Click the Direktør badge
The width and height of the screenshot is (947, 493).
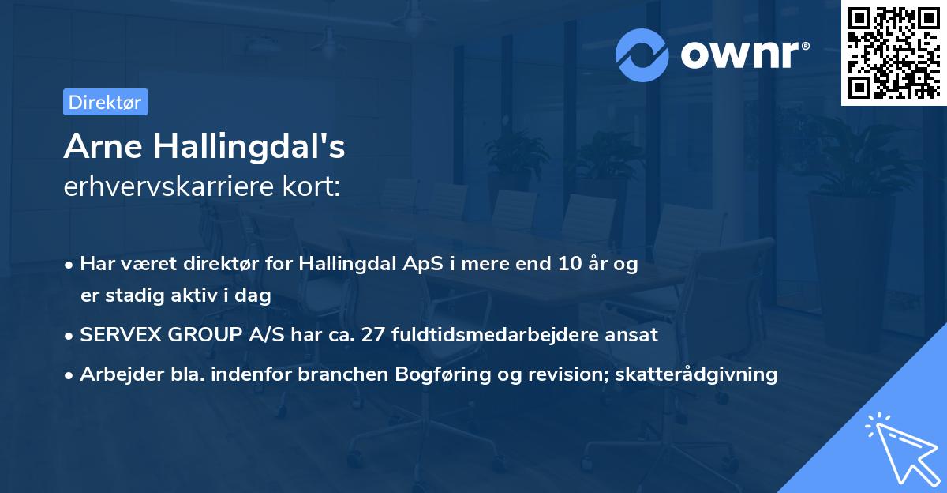(x=105, y=102)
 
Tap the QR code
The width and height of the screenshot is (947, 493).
(x=893, y=52)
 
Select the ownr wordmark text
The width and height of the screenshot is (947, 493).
(x=739, y=55)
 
